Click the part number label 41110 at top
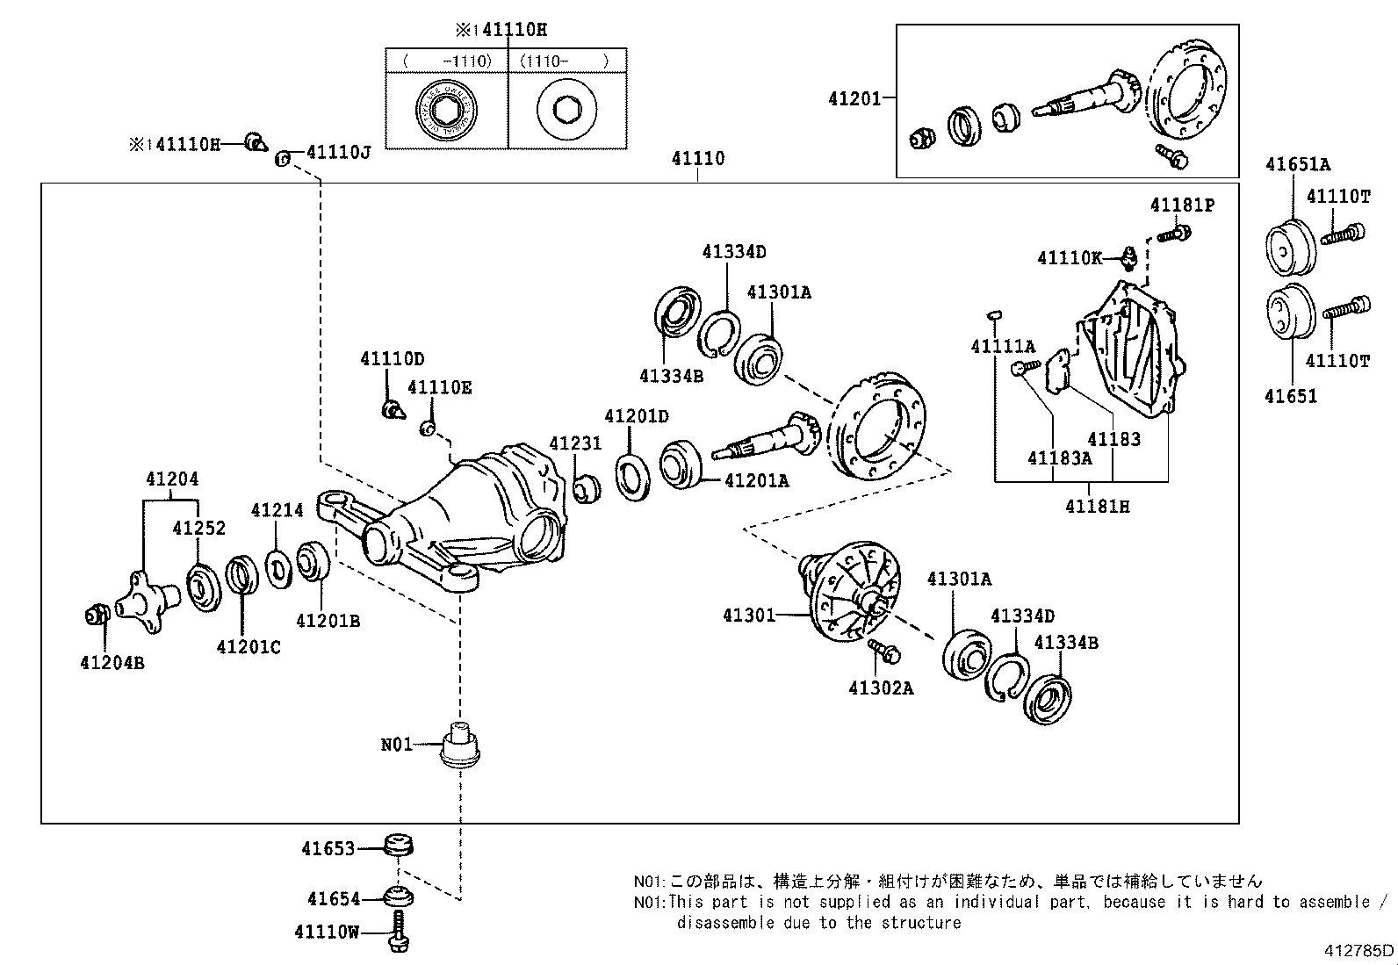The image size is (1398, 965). pos(698,159)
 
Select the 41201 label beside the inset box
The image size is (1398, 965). pos(854,99)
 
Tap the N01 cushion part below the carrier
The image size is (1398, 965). pos(459,746)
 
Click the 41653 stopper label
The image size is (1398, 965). pos(328,849)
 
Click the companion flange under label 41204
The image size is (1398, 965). pos(145,599)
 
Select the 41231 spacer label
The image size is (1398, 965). pos(575,443)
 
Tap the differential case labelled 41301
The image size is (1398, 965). pos(851,590)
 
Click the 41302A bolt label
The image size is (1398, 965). pos(881,688)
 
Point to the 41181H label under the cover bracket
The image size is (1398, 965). pos(1097,507)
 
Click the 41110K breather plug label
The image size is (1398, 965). pos(1069,258)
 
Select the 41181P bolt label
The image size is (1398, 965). pos(1182,205)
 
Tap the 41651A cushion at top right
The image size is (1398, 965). pos(1289,243)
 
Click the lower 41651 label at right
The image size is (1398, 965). pos(1291,396)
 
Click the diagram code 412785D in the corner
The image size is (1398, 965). pos(1359,950)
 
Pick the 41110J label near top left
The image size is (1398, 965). pos(338,152)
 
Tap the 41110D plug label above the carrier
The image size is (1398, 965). pos(392,359)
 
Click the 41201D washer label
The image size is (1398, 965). pos(636,416)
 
